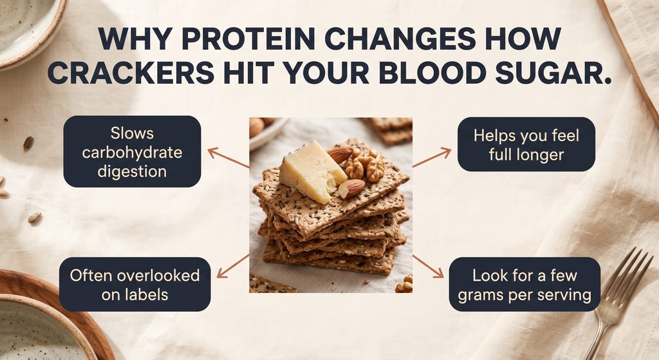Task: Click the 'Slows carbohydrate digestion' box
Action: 132,151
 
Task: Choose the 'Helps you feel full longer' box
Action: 526,144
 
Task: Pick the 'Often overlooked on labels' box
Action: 135,284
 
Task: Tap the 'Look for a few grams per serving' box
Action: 524,284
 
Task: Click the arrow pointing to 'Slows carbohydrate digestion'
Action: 228,158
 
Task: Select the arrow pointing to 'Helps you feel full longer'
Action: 432,157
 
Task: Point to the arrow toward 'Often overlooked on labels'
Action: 233,266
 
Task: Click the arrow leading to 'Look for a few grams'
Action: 428,266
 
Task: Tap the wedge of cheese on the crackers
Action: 312,172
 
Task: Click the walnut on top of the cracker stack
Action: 364,165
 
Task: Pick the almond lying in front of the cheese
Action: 352,188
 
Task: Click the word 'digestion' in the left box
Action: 132,171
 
